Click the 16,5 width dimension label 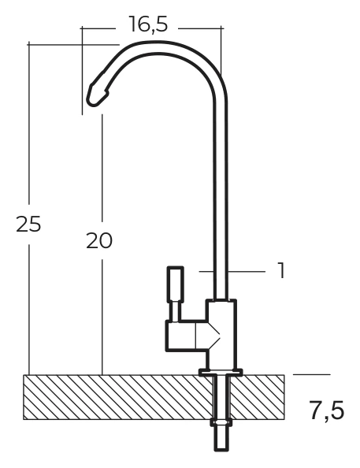(148, 24)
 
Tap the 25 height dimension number (28, 224)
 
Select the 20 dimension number (99, 240)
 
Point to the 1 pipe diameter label (281, 270)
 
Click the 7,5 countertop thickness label (326, 411)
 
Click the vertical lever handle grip (176, 284)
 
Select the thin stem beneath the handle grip (175, 311)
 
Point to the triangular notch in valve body (214, 335)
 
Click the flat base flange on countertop (221, 372)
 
